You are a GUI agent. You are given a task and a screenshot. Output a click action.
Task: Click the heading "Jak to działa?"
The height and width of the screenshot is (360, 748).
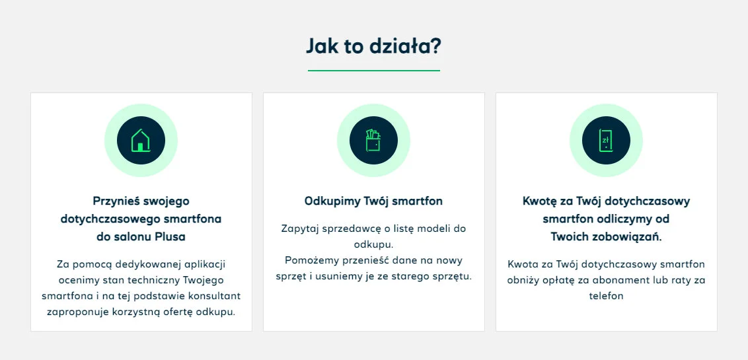(x=373, y=46)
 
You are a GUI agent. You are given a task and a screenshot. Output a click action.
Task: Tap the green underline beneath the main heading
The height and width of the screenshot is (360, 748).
(x=373, y=70)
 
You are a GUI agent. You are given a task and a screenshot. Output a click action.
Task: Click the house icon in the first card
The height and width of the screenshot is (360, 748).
(x=141, y=141)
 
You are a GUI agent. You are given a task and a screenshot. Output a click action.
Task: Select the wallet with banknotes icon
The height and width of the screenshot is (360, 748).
(x=373, y=141)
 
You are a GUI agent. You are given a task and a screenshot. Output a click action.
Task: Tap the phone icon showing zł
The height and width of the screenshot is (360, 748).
(x=606, y=141)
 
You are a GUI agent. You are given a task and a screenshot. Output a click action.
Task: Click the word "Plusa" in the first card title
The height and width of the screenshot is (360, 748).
(x=170, y=236)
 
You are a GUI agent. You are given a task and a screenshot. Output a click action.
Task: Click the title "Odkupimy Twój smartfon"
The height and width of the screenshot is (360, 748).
(x=373, y=201)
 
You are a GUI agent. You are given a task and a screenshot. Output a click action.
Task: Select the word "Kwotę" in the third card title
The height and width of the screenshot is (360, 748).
(x=541, y=201)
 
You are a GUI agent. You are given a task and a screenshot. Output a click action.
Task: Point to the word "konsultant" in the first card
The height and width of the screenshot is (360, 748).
(x=216, y=295)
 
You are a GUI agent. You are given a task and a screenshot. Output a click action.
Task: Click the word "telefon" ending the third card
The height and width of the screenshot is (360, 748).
(x=606, y=296)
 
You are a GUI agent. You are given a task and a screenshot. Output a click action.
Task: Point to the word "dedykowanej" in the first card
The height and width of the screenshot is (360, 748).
(x=147, y=264)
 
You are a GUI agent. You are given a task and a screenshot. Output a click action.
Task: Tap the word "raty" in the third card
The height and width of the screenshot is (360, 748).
(x=681, y=280)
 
